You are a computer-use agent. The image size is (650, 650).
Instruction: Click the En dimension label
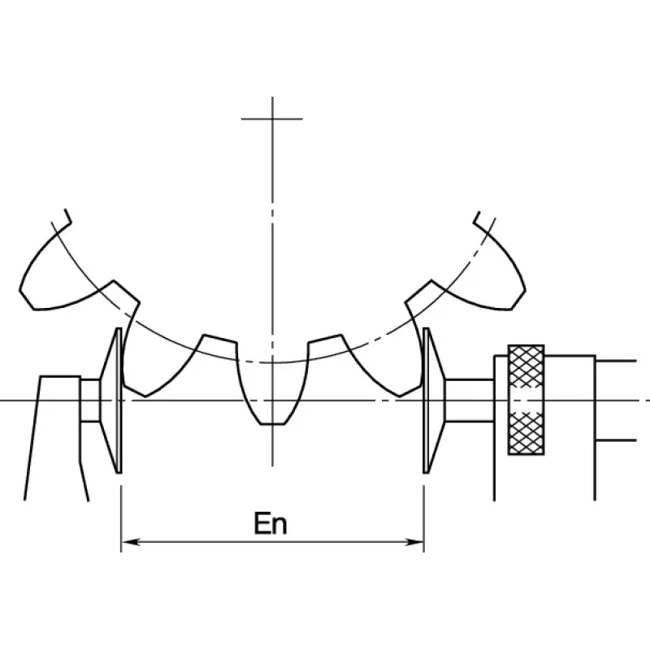pyautogui.click(x=271, y=523)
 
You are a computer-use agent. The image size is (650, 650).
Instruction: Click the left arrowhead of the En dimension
pyautogui.click(x=130, y=542)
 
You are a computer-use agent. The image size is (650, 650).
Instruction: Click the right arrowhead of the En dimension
pyautogui.click(x=414, y=542)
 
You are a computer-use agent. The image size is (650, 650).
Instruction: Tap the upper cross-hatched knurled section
pyautogui.click(x=526, y=366)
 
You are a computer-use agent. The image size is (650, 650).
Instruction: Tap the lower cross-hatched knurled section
pyautogui.click(x=526, y=433)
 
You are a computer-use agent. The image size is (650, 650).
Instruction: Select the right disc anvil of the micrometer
pyautogui.click(x=433, y=401)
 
